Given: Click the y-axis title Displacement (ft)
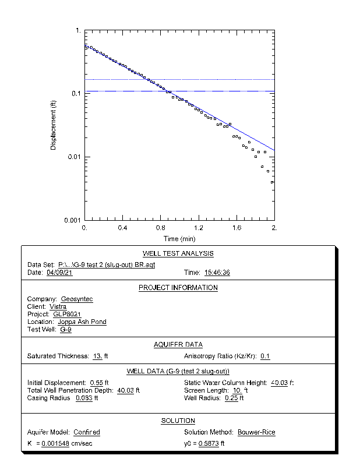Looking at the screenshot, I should (53, 125).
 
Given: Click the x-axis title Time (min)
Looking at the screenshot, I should (179, 239).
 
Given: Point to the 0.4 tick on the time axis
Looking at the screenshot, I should (123, 228).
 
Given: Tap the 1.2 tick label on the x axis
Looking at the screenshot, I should (199, 228).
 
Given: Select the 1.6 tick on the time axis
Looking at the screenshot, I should (237, 228).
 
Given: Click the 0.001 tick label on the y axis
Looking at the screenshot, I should (72, 220).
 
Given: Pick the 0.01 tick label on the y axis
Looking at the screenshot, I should (74, 157).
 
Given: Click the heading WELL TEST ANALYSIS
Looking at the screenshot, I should (178, 253).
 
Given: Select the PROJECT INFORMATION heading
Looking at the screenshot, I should (178, 288).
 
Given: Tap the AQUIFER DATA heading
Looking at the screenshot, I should (178, 344).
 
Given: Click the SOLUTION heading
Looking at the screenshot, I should (178, 421).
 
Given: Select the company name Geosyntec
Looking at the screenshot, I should (77, 299).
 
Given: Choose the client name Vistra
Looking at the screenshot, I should (58, 306).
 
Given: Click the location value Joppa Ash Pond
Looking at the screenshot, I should (82, 322).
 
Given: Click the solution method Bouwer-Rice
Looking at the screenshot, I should (256, 432).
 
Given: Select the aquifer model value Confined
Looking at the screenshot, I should (87, 432).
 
